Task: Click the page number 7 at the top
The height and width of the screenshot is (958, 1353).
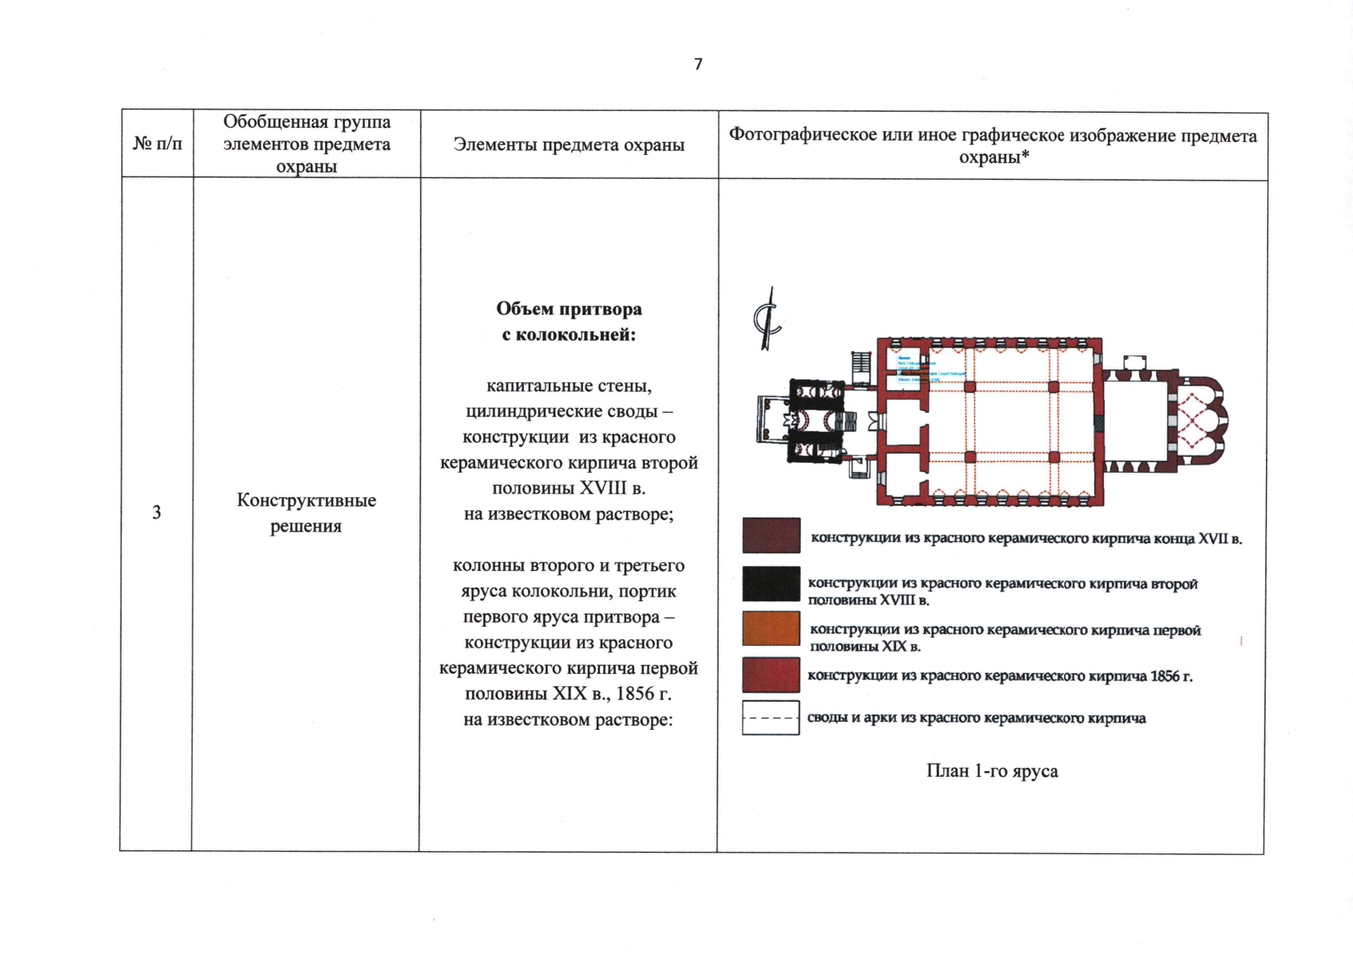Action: (x=698, y=64)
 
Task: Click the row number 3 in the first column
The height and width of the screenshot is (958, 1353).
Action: (x=157, y=513)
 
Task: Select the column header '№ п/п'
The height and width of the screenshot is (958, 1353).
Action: (x=157, y=144)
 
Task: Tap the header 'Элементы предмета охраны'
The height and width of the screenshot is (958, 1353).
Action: (x=569, y=144)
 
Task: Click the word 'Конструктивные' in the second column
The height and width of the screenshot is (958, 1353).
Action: (x=306, y=501)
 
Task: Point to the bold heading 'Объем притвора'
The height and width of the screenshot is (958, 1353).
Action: (x=569, y=309)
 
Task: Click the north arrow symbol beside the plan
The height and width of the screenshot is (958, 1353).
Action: (x=768, y=319)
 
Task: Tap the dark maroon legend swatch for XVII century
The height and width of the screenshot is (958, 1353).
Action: (x=771, y=536)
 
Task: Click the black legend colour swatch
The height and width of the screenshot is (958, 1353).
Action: (x=771, y=584)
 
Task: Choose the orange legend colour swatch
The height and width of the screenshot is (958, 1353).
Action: (x=771, y=629)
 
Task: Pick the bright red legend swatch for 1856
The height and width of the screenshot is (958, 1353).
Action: (x=771, y=675)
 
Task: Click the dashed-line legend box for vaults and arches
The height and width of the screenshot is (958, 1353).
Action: (x=771, y=718)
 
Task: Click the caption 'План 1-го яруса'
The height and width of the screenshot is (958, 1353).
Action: (x=992, y=771)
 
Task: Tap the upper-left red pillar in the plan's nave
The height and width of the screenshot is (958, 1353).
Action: (x=970, y=387)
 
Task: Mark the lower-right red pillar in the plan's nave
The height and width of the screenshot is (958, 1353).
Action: (x=1053, y=457)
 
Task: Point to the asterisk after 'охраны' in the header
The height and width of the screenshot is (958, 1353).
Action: (x=1025, y=156)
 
